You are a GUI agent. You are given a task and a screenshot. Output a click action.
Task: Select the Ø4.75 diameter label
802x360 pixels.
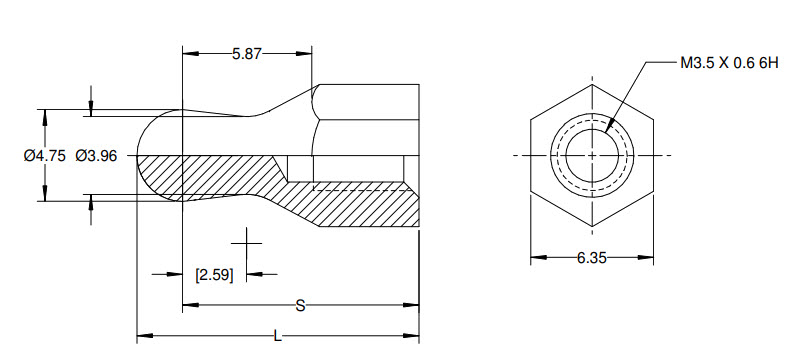[x=43, y=155]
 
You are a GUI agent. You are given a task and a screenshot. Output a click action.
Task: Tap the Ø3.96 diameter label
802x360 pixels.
[x=96, y=155]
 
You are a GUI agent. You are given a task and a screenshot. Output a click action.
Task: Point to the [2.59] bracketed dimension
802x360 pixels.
[x=214, y=274]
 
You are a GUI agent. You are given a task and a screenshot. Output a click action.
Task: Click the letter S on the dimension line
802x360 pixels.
[x=299, y=306]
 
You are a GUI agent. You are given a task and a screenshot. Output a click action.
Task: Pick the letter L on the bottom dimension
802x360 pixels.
[x=277, y=336]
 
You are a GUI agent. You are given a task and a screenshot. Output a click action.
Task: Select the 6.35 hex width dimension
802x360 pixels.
[x=592, y=258]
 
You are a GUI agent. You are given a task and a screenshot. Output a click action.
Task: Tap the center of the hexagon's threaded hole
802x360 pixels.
[x=592, y=156]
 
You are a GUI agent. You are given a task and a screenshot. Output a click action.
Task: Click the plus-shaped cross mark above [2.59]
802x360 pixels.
[x=246, y=243]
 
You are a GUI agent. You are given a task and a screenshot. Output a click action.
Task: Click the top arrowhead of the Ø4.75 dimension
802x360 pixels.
[x=42, y=114]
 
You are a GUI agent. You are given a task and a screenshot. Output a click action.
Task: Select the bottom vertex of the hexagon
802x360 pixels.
[x=592, y=227]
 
